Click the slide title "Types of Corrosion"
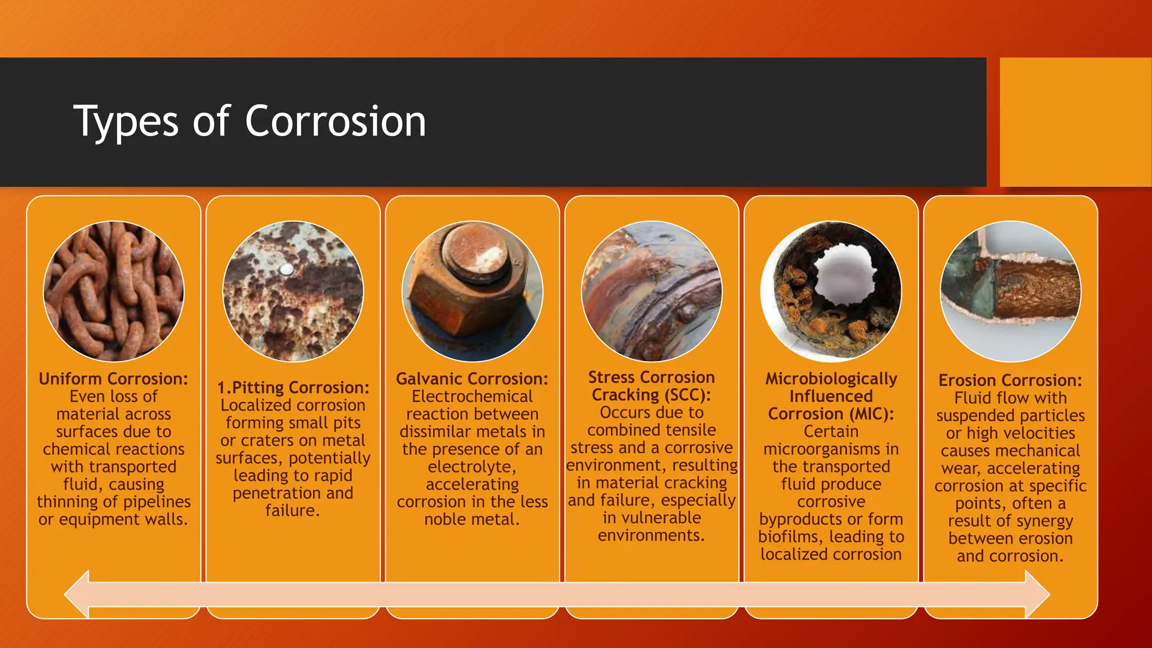pos(250,121)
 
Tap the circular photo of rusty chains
pos(114,291)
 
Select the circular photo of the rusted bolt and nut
pos(472,291)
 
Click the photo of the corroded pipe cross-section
pos(831,291)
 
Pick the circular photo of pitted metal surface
pos(293,291)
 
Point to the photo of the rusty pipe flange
pos(651,291)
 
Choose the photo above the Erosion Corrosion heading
pos(1010,291)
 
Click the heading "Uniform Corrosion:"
pos(114,379)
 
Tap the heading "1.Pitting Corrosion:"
pos(293,388)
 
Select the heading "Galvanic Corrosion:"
pos(472,379)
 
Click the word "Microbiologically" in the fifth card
pos(831,379)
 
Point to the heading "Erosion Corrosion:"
pos(1010,380)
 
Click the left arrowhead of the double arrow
pos(78,594)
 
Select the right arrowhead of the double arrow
pos(1037,594)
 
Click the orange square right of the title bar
pos(1075,122)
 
